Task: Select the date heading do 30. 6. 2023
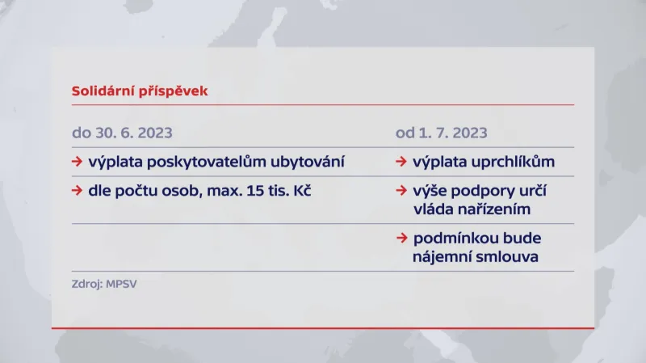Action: pos(122,133)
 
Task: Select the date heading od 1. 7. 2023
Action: pos(442,133)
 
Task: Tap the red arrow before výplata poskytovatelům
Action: pos(77,162)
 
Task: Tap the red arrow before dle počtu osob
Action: pos(77,192)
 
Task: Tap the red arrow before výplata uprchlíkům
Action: pos(401,162)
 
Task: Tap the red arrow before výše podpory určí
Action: pos(401,192)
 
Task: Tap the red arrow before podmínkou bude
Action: pos(401,238)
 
